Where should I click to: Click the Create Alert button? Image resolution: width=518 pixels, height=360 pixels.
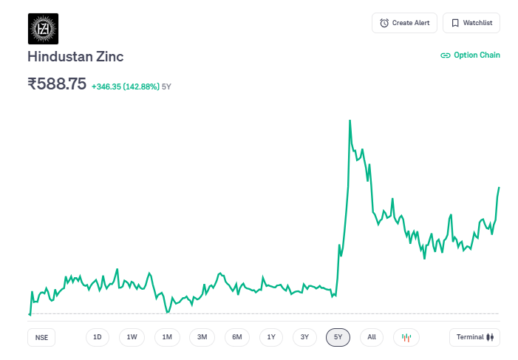[x=404, y=23]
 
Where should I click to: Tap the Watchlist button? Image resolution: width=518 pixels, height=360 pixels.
[x=471, y=23]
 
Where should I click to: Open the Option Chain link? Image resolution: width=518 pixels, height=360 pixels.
[x=470, y=55]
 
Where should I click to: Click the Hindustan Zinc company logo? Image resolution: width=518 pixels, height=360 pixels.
[x=43, y=29]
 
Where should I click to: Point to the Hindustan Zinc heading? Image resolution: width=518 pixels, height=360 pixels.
[x=75, y=57]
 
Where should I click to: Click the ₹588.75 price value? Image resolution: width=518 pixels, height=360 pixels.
[x=57, y=84]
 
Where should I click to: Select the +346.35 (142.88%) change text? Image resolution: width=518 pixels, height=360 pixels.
[x=125, y=86]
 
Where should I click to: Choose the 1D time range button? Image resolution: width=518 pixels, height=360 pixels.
[x=97, y=337]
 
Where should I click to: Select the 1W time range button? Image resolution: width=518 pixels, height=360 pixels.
[x=132, y=337]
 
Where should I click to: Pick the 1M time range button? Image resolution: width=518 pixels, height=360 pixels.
[x=167, y=337]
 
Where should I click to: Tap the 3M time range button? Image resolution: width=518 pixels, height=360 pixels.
[x=202, y=337]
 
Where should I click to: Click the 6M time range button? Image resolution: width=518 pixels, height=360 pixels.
[x=236, y=337]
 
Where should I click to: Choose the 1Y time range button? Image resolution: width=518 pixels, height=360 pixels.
[x=271, y=337]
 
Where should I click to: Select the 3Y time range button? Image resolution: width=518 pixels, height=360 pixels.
[x=304, y=337]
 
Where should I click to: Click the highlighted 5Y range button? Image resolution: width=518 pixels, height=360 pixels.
[x=338, y=337]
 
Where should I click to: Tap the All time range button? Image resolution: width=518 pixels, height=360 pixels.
[x=372, y=337]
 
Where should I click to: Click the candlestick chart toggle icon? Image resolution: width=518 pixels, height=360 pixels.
[x=406, y=337]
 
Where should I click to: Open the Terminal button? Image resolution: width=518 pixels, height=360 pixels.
[x=474, y=337]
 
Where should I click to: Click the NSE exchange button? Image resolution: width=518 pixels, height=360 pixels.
[x=41, y=337]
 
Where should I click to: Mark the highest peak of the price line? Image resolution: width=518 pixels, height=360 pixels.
[x=350, y=120]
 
